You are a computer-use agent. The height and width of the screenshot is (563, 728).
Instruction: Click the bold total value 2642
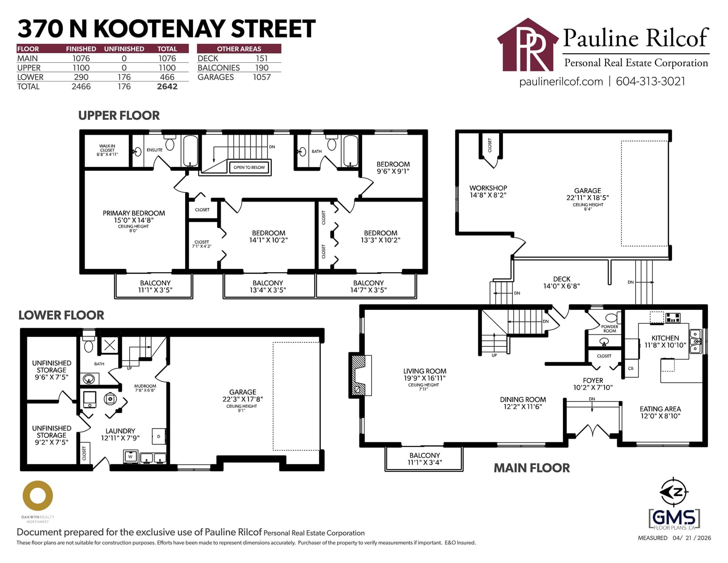(167, 86)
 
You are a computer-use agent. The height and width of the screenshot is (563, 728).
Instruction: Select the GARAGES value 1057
(262, 77)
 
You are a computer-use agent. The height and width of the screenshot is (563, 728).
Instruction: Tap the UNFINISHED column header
(124, 49)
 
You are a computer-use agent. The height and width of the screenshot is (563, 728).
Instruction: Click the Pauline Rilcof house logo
(528, 45)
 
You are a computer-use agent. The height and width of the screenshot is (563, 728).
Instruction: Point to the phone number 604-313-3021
(651, 81)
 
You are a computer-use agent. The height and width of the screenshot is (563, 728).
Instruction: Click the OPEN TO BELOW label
(249, 167)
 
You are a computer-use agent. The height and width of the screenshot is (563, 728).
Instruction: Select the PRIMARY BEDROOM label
(134, 213)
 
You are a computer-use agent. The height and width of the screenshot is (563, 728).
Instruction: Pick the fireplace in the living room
(360, 375)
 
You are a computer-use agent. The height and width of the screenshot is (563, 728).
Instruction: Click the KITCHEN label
(665, 338)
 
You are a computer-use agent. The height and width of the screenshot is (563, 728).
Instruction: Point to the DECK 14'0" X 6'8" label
(561, 283)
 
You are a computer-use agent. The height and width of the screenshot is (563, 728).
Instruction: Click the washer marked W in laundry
(131, 456)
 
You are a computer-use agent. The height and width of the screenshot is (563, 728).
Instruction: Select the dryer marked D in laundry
(159, 436)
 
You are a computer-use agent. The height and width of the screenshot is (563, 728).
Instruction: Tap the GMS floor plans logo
(674, 519)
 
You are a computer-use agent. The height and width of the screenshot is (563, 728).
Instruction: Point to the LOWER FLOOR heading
(61, 315)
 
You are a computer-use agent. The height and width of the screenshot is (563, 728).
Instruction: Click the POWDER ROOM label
(610, 329)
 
